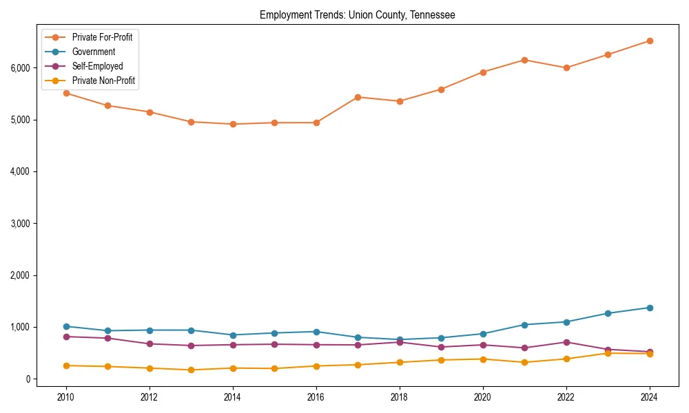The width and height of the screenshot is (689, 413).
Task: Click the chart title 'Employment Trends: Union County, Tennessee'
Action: click(x=357, y=14)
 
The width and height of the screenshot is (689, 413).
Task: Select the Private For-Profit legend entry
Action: click(x=102, y=37)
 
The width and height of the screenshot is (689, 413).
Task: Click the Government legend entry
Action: click(x=93, y=52)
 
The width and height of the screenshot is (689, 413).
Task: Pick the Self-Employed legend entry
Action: click(x=97, y=66)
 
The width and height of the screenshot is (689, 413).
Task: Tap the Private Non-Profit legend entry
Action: click(x=103, y=81)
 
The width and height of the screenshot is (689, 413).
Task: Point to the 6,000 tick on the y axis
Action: click(x=19, y=68)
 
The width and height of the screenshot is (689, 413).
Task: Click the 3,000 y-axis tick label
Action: click(x=19, y=224)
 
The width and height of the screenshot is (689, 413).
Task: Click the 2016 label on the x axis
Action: click(x=316, y=396)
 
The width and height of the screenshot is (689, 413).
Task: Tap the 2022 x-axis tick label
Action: click(x=566, y=396)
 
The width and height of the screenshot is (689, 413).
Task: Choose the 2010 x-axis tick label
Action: click(x=66, y=396)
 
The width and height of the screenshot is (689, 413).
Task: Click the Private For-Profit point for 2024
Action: click(x=650, y=41)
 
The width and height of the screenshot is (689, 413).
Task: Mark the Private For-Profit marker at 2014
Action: click(x=233, y=124)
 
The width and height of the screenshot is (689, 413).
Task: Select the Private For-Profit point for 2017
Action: click(x=358, y=97)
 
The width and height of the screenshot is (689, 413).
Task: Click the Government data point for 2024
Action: click(x=650, y=308)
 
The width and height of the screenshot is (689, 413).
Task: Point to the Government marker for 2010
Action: click(x=66, y=326)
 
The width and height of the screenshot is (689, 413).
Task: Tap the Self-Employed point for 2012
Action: click(x=150, y=343)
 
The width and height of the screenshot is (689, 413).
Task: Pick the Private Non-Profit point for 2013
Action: click(x=191, y=370)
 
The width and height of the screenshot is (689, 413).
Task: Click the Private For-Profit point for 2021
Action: click(x=524, y=60)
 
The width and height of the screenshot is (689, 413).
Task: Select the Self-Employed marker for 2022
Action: click(x=566, y=342)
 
